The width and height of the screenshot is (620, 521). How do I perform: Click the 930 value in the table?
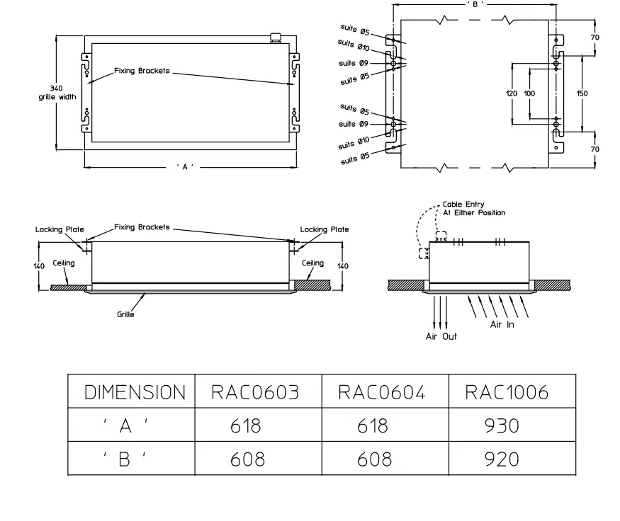502,425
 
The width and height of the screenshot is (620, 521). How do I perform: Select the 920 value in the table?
502,459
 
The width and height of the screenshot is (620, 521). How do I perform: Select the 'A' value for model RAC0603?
246,425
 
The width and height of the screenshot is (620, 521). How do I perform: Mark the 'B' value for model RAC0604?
374,459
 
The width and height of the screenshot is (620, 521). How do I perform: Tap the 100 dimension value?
529,93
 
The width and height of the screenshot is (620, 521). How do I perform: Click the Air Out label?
441,336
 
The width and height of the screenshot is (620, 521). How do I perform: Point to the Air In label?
502,324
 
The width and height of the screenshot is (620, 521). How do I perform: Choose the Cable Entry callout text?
473,207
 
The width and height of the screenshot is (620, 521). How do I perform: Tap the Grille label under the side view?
125,314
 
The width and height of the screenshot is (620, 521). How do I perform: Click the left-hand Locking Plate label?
60,229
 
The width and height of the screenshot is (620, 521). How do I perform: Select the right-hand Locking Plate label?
324,229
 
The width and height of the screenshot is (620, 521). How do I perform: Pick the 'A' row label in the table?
126,425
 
